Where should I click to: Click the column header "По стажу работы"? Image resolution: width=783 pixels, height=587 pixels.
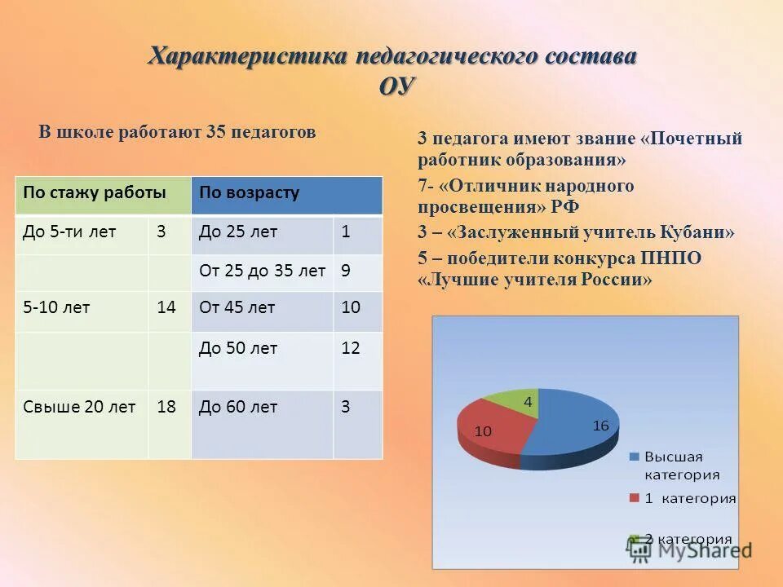point(95,193)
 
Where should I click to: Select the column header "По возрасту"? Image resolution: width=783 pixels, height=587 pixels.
point(250,193)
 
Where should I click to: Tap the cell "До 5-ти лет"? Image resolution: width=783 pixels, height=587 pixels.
point(69,232)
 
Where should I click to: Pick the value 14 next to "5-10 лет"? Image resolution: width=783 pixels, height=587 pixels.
point(166,307)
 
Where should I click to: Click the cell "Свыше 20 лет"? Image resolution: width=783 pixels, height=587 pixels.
point(79,407)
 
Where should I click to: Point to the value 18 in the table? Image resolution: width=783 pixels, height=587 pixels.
point(166,407)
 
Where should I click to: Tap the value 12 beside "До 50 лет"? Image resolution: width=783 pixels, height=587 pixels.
point(351,348)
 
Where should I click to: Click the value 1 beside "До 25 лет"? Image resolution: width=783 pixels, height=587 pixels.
point(346,232)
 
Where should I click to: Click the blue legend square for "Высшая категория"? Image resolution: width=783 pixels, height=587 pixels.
point(635,457)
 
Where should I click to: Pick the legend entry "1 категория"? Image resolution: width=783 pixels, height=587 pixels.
point(689,498)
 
